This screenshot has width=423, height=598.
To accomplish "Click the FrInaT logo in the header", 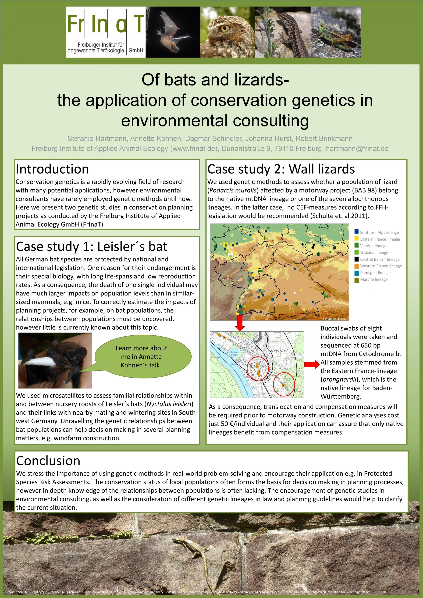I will click(106, 32).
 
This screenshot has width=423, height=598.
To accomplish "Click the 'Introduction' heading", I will click(52, 169).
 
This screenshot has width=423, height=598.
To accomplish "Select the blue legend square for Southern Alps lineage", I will click(357, 231).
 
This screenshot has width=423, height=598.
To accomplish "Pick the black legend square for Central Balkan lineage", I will click(357, 259).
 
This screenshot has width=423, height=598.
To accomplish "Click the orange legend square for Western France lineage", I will click(357, 265).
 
